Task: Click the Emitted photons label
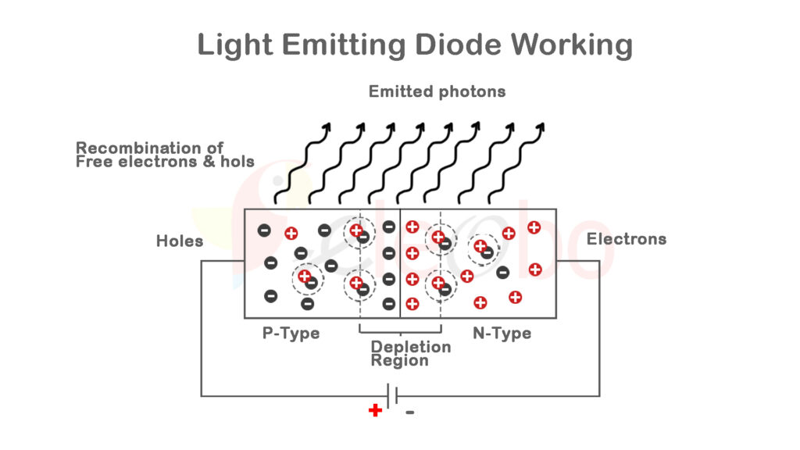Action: click(437, 91)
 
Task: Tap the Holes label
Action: click(180, 241)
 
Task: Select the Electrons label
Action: click(627, 239)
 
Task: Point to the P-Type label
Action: click(291, 334)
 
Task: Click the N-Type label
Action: click(502, 334)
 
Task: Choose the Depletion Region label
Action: click(410, 353)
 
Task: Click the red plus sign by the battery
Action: click(375, 410)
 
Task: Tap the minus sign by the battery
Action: click(410, 412)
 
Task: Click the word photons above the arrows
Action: click(471, 91)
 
